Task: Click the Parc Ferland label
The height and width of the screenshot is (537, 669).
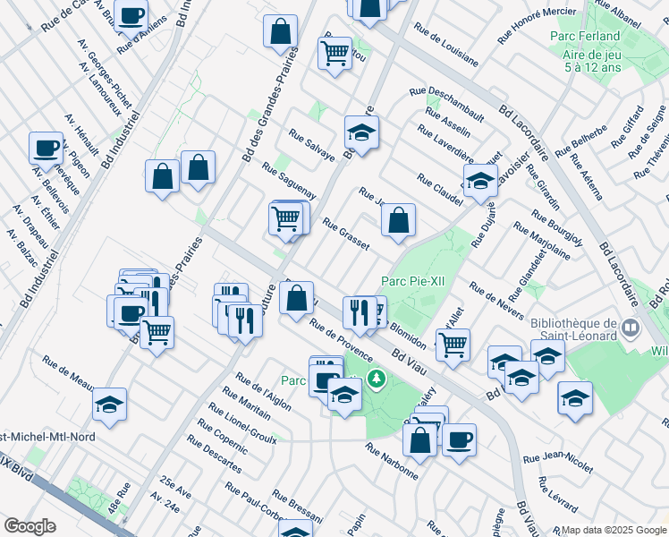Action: [586, 36]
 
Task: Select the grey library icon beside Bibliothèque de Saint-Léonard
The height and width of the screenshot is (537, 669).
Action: [631, 328]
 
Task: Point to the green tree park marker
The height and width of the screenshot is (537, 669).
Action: [376, 379]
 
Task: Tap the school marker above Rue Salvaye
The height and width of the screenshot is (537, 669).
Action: [361, 133]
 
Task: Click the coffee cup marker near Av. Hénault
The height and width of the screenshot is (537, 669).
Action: [46, 148]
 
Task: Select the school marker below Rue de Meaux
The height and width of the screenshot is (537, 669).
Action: [109, 405]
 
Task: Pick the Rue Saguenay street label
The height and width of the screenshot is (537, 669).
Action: [289, 181]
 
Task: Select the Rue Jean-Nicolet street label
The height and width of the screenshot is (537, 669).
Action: [557, 462]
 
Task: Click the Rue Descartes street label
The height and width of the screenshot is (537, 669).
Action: [214, 455]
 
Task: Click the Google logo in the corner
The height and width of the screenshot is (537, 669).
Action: [30, 526]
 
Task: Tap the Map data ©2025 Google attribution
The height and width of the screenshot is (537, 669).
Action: [614, 530]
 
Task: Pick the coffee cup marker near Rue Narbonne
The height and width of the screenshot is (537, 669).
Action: [459, 439]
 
